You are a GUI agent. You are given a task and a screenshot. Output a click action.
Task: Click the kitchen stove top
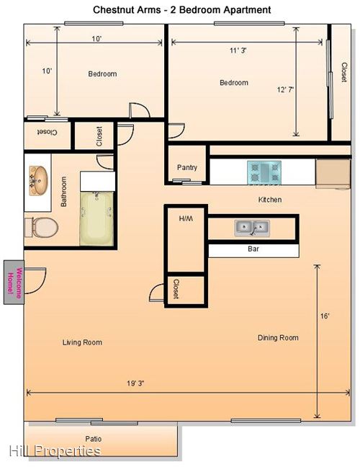(x=264, y=173)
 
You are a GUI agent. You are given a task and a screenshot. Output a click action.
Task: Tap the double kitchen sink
(x=252, y=228)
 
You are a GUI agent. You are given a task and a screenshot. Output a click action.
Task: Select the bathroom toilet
(x=41, y=227)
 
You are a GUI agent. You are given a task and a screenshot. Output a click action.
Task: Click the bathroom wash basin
(x=38, y=180)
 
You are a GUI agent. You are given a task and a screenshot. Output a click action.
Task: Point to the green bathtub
(x=96, y=219)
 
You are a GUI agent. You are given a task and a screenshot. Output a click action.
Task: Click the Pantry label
(x=187, y=167)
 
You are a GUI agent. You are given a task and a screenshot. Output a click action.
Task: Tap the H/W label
(x=186, y=218)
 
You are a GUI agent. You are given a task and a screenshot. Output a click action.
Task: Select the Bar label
(x=253, y=249)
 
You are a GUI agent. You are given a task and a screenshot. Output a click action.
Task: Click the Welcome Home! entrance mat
(x=14, y=282)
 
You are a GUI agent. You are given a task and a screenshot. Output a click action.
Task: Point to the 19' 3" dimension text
(x=135, y=383)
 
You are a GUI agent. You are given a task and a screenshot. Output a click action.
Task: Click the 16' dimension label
(x=325, y=316)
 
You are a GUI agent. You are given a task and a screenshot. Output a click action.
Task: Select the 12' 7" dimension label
(x=285, y=89)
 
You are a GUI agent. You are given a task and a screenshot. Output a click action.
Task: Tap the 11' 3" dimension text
(x=238, y=50)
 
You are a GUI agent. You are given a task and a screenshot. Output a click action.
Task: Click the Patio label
(x=94, y=439)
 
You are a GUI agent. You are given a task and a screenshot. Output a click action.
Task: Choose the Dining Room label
(x=278, y=338)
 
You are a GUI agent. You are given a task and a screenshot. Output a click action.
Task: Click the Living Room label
(x=82, y=342)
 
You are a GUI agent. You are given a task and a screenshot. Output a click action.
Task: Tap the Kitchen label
(x=270, y=200)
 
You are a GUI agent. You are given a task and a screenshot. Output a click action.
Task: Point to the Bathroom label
(x=63, y=192)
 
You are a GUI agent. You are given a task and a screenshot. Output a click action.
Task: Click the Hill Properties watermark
(x=55, y=451)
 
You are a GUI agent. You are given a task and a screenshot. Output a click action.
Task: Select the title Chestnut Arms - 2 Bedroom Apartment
(x=181, y=10)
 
